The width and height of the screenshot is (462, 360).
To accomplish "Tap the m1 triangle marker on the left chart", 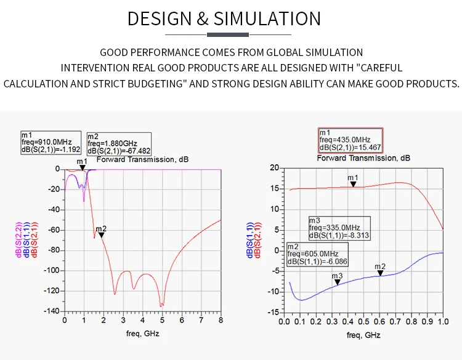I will tap(82, 167).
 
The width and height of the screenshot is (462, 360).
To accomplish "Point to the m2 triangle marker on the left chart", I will tap(101, 234).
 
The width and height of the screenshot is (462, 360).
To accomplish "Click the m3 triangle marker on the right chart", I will tap(337, 282).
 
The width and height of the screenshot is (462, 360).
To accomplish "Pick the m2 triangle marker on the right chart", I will tap(380, 273).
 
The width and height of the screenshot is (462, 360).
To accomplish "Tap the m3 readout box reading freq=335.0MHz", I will tap(339, 228).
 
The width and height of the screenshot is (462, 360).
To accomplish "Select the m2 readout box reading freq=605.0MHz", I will tap(317, 254).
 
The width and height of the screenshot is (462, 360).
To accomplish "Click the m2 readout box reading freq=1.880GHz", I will tap(118, 143).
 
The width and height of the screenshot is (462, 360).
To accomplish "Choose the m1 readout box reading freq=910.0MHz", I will tap(51, 142).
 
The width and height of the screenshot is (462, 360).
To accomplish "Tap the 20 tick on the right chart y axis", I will tap(275, 167).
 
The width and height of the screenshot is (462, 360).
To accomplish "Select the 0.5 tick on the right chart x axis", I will tap(363, 321).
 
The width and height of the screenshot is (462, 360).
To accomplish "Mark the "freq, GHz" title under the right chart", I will tap(363, 335).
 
